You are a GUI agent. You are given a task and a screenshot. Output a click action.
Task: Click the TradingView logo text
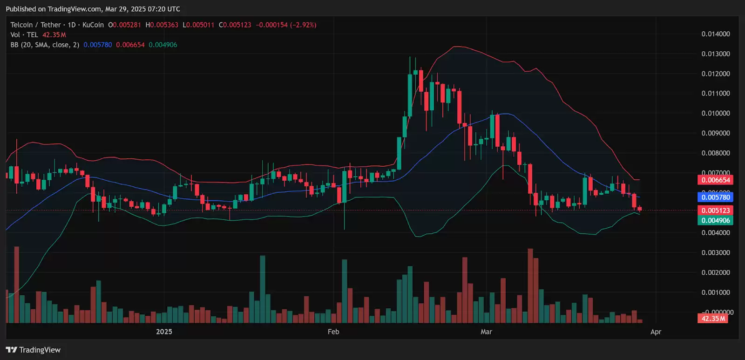(x=40, y=350)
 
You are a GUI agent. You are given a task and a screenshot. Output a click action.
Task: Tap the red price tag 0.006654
(x=716, y=180)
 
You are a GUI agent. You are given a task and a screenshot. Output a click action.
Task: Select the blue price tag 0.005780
(x=716, y=197)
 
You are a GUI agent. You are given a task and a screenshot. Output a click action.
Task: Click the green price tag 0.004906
(x=716, y=220)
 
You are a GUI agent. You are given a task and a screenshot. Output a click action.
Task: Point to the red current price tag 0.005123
(x=716, y=211)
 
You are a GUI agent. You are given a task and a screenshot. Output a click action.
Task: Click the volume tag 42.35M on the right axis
(x=713, y=319)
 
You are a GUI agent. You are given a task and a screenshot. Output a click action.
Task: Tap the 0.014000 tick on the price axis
(x=716, y=34)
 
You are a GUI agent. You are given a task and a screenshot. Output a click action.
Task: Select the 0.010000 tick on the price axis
(x=716, y=113)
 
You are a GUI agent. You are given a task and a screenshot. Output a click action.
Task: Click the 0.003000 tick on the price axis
(x=716, y=252)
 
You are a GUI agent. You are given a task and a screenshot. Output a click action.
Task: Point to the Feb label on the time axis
(x=333, y=332)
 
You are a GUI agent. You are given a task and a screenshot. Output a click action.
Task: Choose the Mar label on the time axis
(x=486, y=332)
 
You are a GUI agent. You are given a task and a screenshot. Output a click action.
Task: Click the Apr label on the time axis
(x=656, y=332)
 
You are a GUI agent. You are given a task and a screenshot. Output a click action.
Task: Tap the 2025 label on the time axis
(x=164, y=332)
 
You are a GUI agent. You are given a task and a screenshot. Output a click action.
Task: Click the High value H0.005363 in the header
(x=162, y=25)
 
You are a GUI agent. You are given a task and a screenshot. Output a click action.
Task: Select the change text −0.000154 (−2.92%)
(x=286, y=25)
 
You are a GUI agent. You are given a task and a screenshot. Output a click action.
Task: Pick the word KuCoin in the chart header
(x=93, y=25)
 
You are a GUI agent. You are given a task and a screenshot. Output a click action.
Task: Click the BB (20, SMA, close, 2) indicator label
(x=45, y=45)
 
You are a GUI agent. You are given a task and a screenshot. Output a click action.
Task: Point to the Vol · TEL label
(x=24, y=35)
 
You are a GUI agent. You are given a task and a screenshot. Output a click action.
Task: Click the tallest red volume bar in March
(x=530, y=285)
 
